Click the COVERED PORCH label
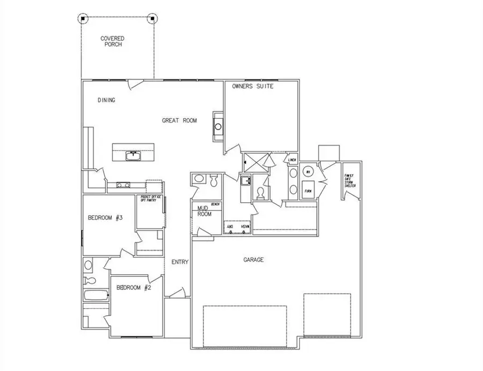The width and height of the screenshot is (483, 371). [113, 41]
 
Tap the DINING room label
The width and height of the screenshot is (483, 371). [107, 100]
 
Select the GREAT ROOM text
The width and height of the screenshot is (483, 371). [179, 121]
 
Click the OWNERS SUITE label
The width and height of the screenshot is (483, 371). [253, 86]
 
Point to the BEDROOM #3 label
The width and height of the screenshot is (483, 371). [106, 218]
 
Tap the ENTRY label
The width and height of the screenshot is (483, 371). [179, 262]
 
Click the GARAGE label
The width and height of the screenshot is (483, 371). [253, 260]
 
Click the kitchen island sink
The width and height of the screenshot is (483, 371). [133, 156]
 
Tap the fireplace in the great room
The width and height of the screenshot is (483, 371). [218, 127]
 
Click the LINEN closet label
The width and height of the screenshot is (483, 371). [292, 160]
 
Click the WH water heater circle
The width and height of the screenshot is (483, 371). [308, 172]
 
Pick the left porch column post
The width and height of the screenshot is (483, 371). [83, 18]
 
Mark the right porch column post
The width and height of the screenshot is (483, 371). [153, 18]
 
